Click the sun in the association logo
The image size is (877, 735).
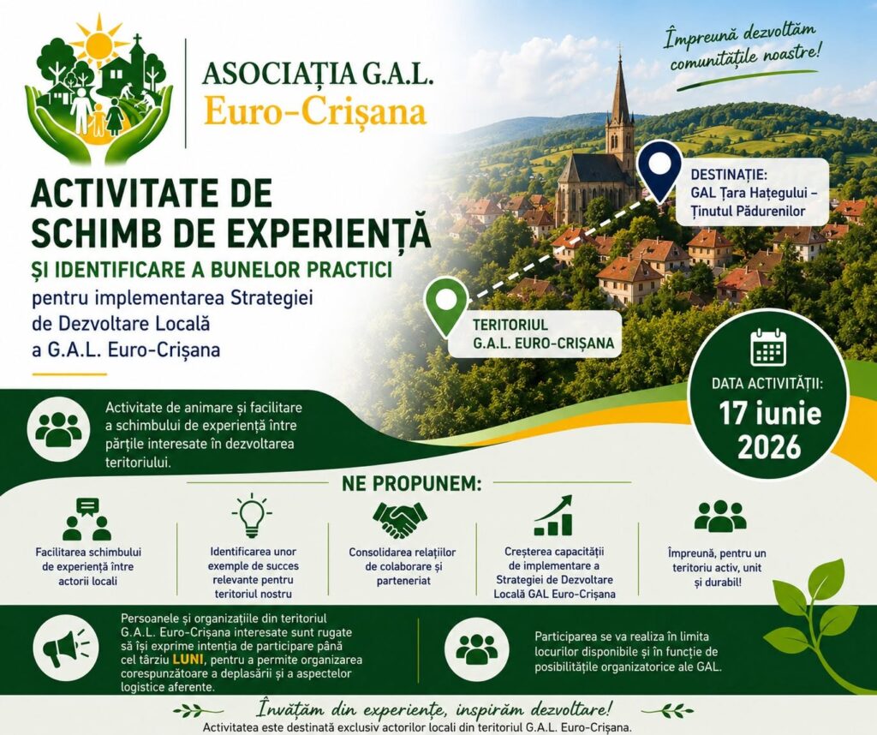[x=99, y=42]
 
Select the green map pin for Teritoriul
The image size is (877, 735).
[x=445, y=307]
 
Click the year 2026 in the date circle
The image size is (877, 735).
[x=769, y=447]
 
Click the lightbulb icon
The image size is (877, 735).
[x=252, y=516]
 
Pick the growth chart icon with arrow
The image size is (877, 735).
[x=553, y=516]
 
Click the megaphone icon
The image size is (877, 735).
[x=65, y=648]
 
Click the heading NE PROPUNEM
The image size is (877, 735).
[x=411, y=483]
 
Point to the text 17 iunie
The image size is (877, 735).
[x=770, y=413]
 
